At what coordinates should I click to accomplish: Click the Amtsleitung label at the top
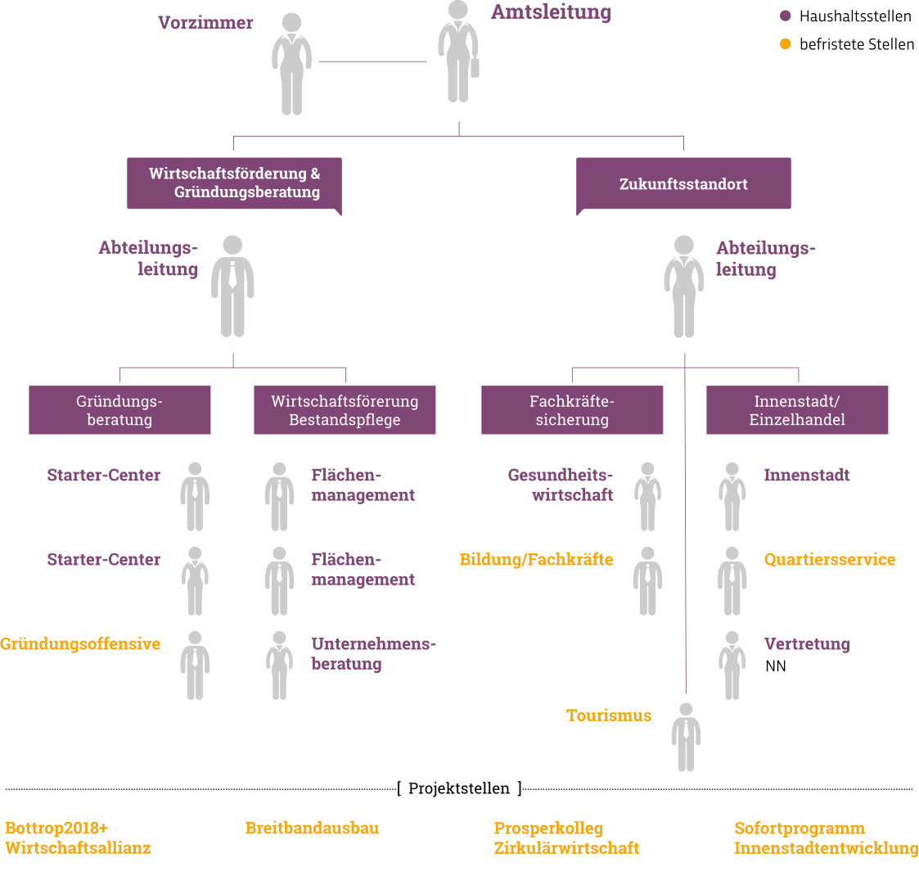551,12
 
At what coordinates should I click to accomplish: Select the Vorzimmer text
205,23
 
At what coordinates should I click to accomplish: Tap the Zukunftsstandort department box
683,184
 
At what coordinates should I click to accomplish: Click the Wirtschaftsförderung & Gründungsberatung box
234,183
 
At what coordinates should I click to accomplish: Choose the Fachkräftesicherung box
572,410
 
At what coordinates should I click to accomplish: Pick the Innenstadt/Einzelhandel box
797,410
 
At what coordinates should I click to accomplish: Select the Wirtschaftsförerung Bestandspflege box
345,410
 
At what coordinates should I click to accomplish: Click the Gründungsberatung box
119,410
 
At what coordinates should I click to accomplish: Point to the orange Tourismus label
609,715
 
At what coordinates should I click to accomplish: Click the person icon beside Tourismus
686,737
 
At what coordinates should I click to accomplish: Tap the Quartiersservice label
829,560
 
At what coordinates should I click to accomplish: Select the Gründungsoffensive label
80,644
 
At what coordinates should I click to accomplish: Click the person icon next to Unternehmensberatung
279,665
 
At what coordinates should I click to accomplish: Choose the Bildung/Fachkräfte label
536,560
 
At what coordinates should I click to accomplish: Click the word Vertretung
806,644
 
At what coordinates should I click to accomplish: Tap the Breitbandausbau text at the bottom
312,828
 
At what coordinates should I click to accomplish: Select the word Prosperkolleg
548,828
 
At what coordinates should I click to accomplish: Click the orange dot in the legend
786,44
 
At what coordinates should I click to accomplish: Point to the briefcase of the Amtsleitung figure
475,66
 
